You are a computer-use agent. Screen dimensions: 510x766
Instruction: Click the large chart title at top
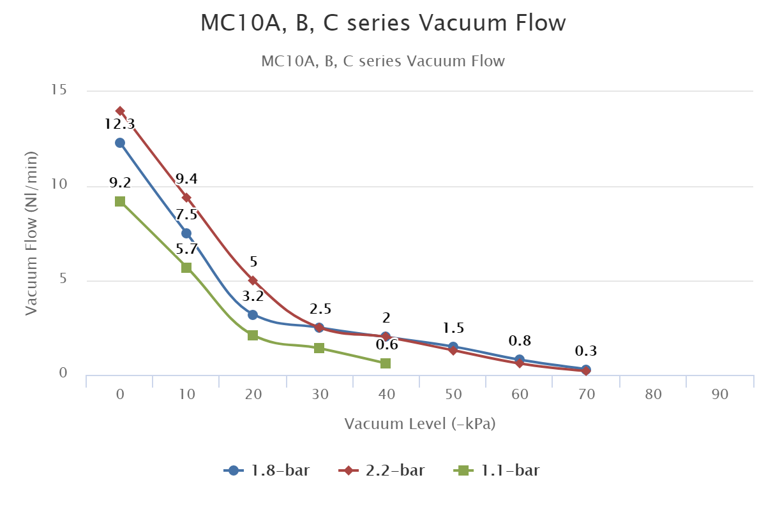(383, 23)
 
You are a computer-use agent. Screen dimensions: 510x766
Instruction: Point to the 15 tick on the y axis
(59, 90)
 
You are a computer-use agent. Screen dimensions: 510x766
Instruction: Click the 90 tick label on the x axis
(719, 395)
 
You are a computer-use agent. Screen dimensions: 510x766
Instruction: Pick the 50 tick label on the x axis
(453, 395)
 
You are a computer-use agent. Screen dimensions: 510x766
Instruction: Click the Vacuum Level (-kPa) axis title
(419, 424)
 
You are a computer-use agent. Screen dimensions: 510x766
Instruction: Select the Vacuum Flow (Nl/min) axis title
(31, 233)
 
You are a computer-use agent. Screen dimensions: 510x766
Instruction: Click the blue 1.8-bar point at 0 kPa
(120, 143)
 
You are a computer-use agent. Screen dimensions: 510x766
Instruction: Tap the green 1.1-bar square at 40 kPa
(386, 363)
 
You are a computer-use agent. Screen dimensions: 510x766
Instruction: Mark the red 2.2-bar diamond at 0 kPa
(120, 111)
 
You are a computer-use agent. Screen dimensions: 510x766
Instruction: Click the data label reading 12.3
(120, 124)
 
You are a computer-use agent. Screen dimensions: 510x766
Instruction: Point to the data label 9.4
(186, 178)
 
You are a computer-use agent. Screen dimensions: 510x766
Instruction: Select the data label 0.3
(586, 351)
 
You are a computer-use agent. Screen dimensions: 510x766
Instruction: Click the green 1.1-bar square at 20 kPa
(253, 335)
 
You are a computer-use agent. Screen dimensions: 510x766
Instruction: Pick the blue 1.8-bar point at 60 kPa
(520, 360)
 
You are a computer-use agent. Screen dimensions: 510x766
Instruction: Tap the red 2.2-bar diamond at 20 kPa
(253, 280)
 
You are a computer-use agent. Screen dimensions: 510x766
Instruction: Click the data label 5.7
(186, 249)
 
